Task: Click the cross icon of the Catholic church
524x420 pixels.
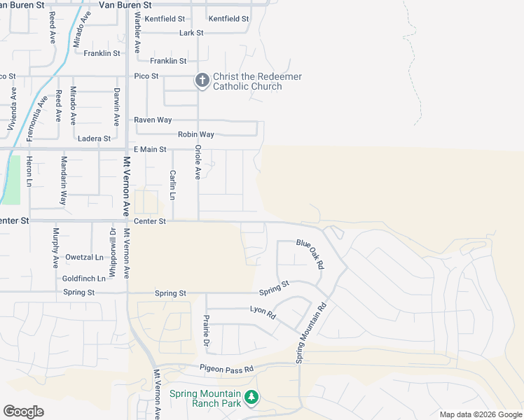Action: [202, 81]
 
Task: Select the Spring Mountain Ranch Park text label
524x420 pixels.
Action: [205, 398]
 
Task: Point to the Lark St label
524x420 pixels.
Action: [191, 33]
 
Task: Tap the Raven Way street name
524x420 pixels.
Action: [153, 120]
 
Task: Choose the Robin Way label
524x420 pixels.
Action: [195, 134]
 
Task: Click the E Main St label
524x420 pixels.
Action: [150, 150]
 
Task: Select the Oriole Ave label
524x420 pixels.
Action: [198, 162]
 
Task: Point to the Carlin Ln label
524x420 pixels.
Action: [173, 185]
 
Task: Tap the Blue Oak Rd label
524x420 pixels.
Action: [310, 254]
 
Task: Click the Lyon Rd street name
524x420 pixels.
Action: [263, 312]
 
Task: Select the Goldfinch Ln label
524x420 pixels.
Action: [84, 278]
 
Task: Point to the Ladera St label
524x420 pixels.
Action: [94, 139]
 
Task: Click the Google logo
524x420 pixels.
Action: [23, 412]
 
